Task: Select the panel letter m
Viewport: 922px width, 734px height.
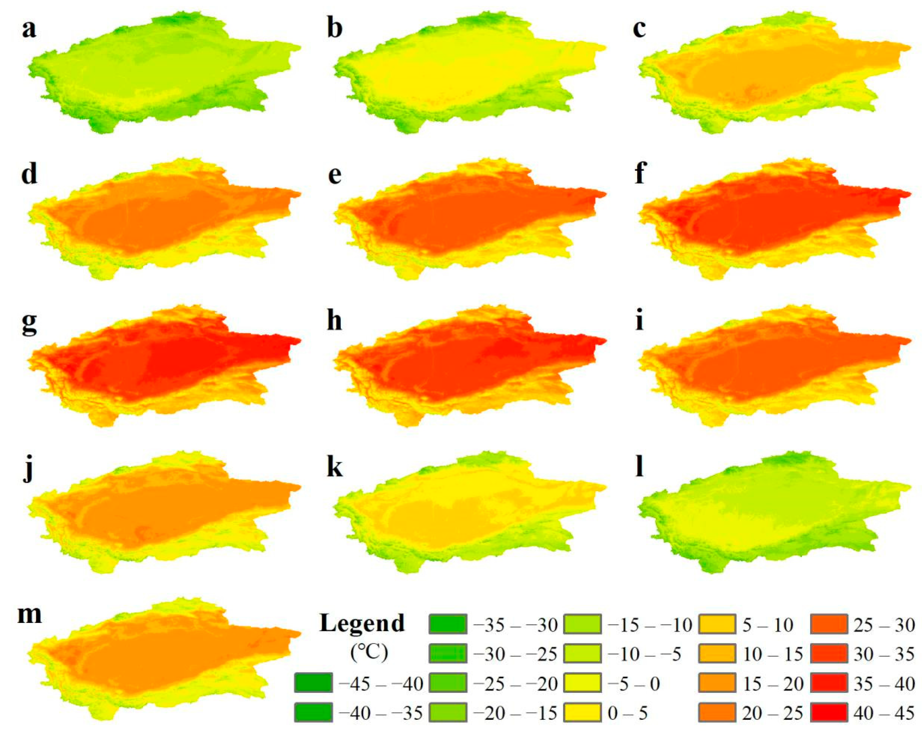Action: coord(29,615)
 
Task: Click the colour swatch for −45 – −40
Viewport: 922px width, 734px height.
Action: coord(313,683)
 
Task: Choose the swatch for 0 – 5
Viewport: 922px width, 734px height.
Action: coord(582,713)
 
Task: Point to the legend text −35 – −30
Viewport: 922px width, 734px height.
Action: coord(515,625)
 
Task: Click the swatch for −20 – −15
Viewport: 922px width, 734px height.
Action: coord(448,713)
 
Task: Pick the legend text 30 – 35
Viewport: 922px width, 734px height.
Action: coord(884,654)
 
